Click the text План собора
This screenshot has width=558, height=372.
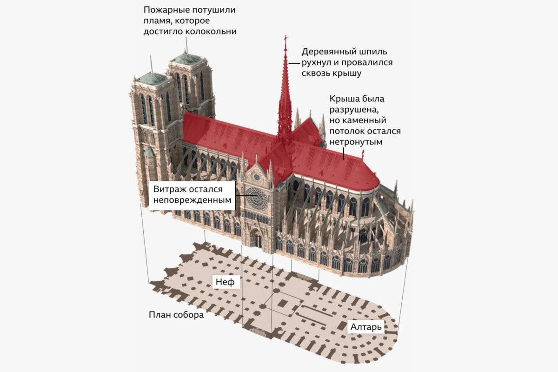tap(176, 315)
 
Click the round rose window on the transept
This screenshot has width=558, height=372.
tap(257, 199)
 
